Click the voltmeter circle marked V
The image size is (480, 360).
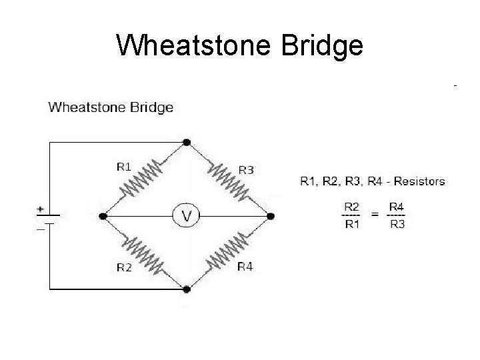(x=187, y=215)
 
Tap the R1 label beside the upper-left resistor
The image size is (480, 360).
(x=124, y=167)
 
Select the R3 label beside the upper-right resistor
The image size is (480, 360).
(x=246, y=170)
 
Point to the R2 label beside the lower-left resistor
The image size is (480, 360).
(x=124, y=268)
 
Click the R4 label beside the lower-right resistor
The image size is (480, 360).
(x=245, y=267)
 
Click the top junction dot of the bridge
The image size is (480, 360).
(x=187, y=142)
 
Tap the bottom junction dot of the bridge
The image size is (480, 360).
(x=187, y=289)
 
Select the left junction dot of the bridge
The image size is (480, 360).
(x=103, y=215)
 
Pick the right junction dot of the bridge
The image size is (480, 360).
(x=270, y=215)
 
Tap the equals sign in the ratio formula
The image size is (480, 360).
(x=375, y=215)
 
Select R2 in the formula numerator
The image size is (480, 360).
(x=352, y=207)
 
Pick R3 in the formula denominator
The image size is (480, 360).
(x=397, y=224)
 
